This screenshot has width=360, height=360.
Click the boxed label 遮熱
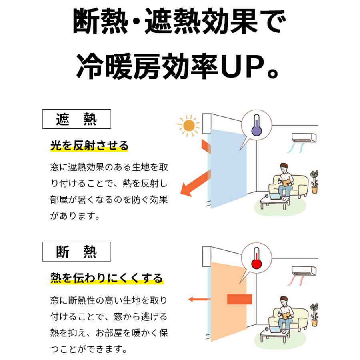tap(76, 119)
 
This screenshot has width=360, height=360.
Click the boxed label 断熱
tap(76, 252)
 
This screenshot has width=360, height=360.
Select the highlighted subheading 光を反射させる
tap(89, 146)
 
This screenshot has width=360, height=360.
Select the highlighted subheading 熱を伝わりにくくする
tap(107, 278)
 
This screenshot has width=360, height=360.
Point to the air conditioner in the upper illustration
tap(304, 138)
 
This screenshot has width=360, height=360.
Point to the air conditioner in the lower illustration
tap(304, 271)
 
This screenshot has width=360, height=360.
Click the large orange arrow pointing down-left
tap(196, 184)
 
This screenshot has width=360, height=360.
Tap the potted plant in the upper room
tap(314, 182)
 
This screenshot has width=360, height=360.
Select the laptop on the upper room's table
tap(275, 196)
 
